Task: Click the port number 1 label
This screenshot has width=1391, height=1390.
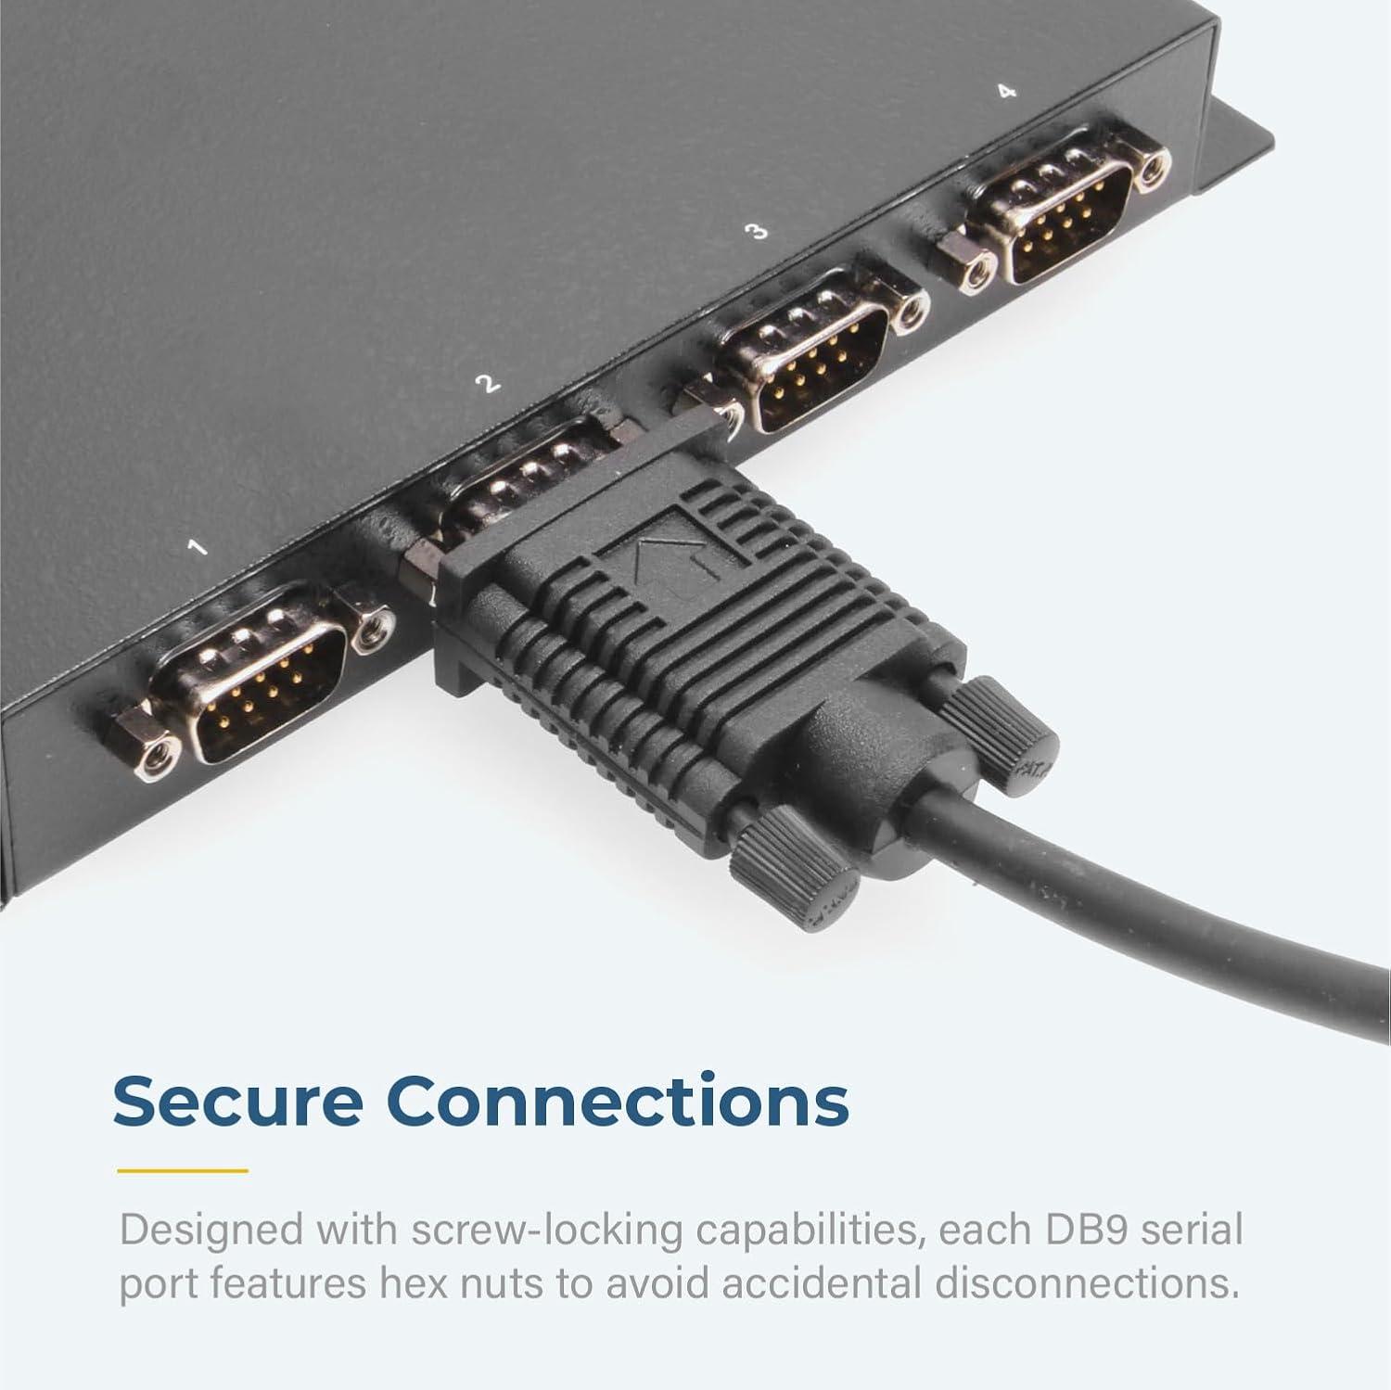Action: [198, 547]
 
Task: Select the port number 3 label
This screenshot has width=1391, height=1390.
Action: [759, 231]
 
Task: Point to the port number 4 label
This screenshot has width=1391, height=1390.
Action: [1007, 91]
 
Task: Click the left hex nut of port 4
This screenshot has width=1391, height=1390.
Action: [967, 261]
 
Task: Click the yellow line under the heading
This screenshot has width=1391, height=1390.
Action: [184, 1170]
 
